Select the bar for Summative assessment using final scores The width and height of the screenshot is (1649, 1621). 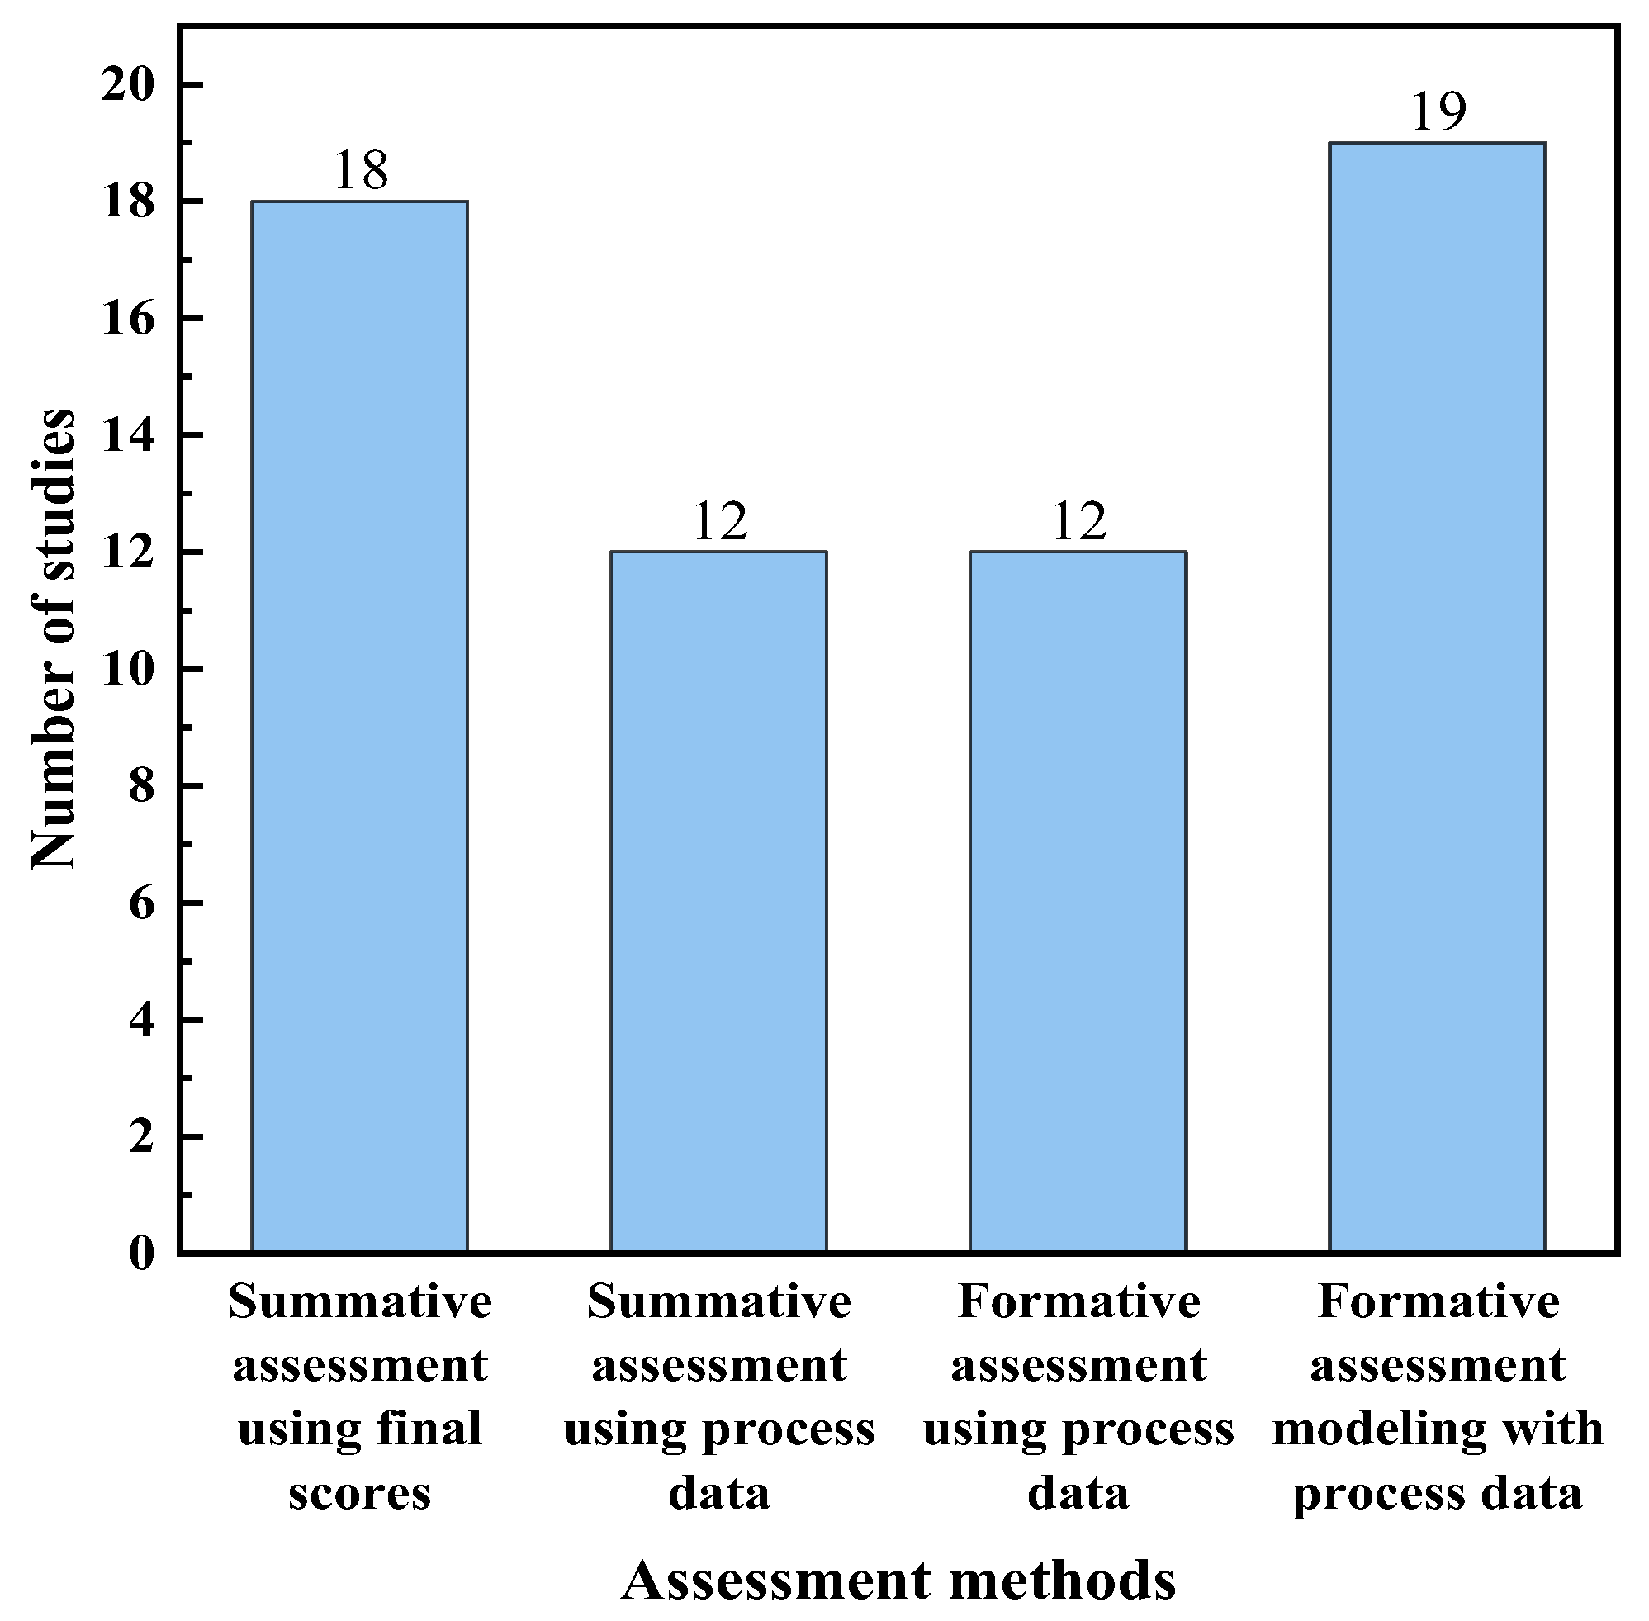click(x=359, y=726)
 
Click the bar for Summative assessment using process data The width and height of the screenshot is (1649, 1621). click(x=718, y=902)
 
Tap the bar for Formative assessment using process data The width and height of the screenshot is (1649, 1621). click(x=1078, y=902)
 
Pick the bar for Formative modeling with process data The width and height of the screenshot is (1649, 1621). click(x=1437, y=697)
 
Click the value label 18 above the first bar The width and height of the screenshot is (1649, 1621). click(x=360, y=170)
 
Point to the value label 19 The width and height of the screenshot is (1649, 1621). click(x=1438, y=111)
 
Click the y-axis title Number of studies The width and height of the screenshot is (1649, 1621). click(x=53, y=638)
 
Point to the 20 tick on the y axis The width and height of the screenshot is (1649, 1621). click(x=127, y=85)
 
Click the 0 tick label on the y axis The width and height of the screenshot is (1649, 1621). click(x=141, y=1254)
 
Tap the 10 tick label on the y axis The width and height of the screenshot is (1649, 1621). click(x=127, y=669)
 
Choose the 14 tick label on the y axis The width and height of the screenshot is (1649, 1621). click(x=127, y=436)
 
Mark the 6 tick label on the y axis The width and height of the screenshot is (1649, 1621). click(x=141, y=903)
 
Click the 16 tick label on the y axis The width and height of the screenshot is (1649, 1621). click(x=127, y=320)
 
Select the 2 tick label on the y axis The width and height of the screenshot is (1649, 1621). click(x=141, y=1136)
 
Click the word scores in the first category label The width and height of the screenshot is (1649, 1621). click(x=359, y=1494)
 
